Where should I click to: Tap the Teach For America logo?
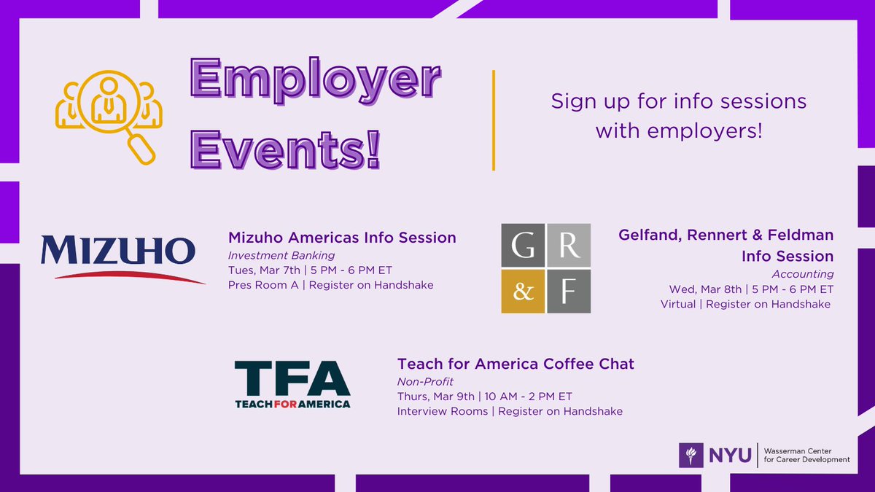click(x=292, y=383)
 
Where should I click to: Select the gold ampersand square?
click(x=523, y=291)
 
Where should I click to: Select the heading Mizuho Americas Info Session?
click(x=342, y=238)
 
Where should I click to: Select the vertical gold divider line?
click(x=494, y=120)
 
